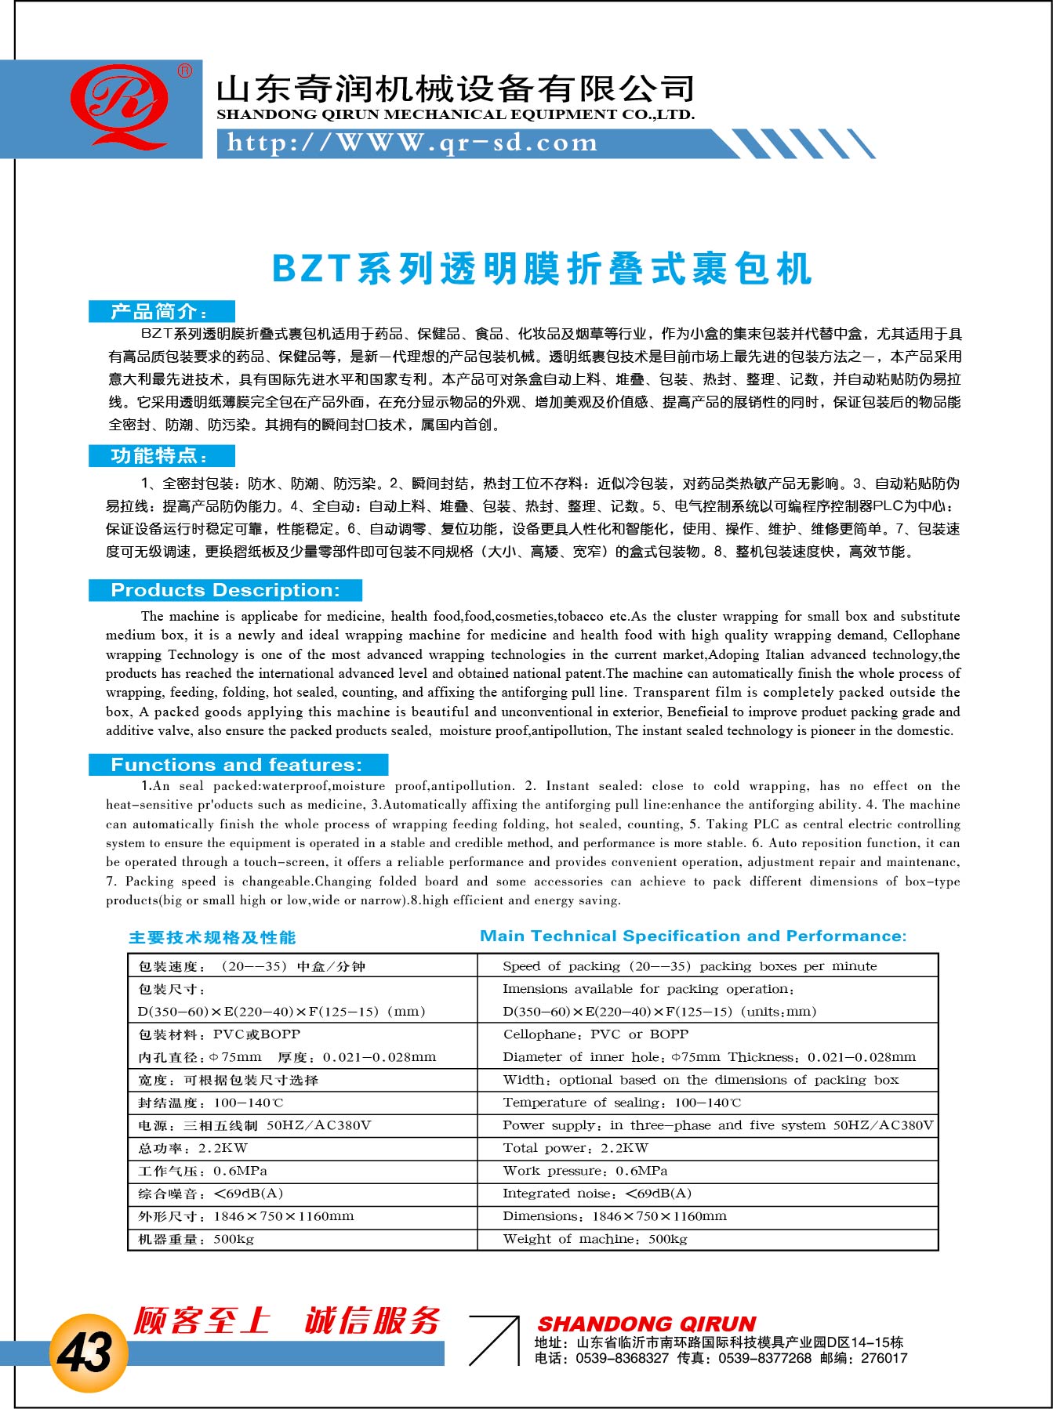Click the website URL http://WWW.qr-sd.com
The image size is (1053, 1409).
point(412,143)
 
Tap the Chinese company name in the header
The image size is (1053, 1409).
point(456,89)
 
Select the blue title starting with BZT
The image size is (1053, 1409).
point(541,269)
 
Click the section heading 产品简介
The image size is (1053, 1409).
point(160,311)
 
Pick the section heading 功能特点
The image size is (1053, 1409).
point(160,455)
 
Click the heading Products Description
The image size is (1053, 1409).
point(225,590)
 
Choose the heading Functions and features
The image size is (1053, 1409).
point(237,765)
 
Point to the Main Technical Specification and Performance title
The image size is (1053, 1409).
point(693,936)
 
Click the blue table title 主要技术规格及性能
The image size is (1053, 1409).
point(212,937)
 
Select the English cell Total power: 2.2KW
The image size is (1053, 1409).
point(576,1148)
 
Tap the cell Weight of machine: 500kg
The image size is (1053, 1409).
point(594,1239)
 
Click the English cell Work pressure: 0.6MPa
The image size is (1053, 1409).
point(585,1171)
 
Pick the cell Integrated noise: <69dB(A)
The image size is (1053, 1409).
point(597,1193)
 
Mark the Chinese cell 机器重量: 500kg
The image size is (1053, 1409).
point(196,1239)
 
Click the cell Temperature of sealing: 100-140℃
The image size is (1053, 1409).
point(621,1103)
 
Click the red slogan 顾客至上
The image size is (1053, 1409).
point(202,1320)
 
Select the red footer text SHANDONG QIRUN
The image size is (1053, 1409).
point(647,1324)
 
